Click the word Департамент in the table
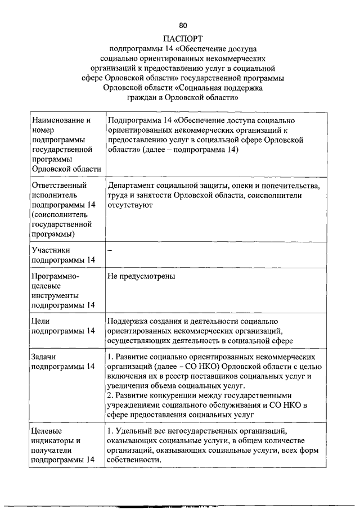tap(135, 186)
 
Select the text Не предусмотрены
tap(141, 276)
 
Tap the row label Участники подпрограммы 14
tap(64, 255)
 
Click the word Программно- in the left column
tap(55, 276)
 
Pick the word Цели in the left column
tap(42, 321)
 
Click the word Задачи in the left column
tap(46, 357)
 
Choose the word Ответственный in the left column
tap(59, 186)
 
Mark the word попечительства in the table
tap(289, 186)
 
